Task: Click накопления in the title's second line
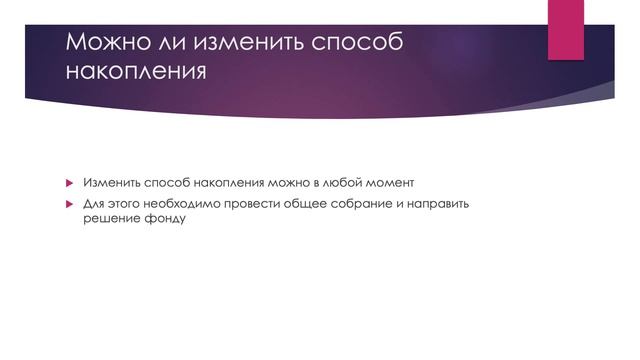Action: (137, 73)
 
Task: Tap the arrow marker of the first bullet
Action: (70, 185)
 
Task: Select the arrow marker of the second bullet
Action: (70, 204)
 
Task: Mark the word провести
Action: (258, 204)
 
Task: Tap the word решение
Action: (109, 219)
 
